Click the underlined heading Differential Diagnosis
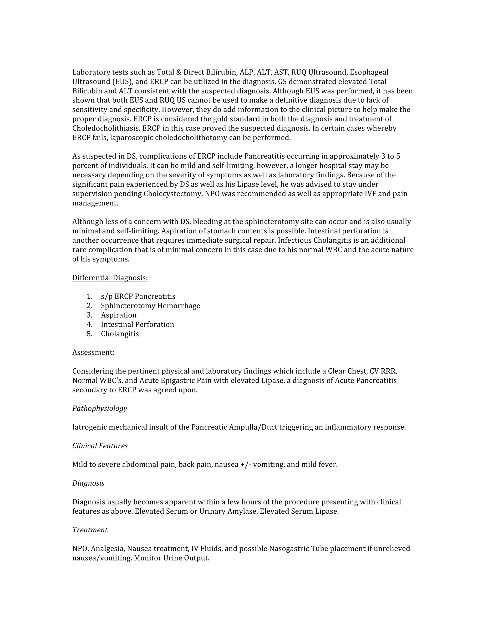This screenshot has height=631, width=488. [x=110, y=278]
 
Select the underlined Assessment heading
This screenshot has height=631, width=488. [x=93, y=352]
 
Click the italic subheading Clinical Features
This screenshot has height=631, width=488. [x=100, y=446]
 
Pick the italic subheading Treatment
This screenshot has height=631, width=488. [x=90, y=530]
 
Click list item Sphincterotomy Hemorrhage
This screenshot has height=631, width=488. [x=150, y=306]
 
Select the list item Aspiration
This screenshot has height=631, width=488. [x=118, y=315]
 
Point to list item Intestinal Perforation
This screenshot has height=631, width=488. [x=137, y=325]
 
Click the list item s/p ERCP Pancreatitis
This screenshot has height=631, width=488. [x=138, y=296]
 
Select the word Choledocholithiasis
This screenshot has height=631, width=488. [x=106, y=128]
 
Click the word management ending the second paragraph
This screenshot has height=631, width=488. [x=95, y=203]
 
